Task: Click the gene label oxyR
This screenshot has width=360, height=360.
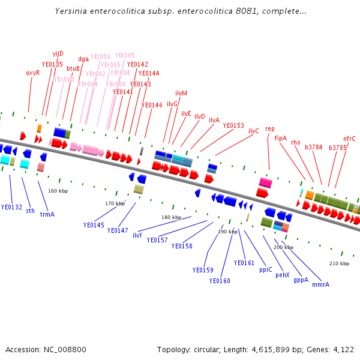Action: (32, 73)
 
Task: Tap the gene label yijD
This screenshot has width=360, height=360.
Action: (58, 53)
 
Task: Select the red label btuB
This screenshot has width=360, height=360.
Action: (73, 68)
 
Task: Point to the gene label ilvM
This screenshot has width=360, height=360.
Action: (181, 93)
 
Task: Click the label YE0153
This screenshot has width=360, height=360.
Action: (233, 125)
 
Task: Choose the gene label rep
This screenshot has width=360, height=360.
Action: (270, 128)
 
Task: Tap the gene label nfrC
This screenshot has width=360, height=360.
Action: (349, 139)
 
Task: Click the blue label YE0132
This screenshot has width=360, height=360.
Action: (11, 207)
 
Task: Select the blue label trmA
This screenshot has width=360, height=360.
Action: (47, 214)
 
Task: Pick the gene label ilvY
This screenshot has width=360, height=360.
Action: (137, 235)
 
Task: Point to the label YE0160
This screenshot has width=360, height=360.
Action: (220, 281)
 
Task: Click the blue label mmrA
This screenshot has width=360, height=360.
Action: (320, 284)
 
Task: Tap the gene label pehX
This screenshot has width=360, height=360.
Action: (283, 275)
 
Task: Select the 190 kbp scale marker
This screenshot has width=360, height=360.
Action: (227, 232)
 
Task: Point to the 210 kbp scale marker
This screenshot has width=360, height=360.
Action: (339, 263)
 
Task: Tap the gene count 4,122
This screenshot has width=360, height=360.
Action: (342, 349)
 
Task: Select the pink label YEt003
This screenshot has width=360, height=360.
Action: (100, 57)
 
